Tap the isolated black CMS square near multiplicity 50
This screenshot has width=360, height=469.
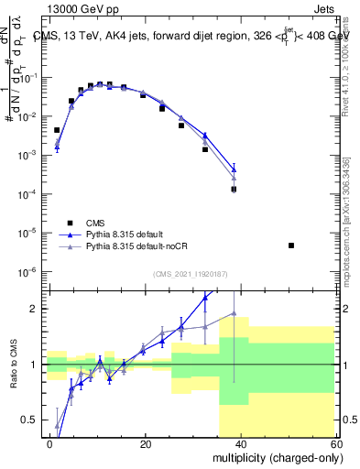click(x=290, y=245)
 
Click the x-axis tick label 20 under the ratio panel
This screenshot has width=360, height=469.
click(x=145, y=443)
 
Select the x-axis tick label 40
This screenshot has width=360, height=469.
click(x=240, y=443)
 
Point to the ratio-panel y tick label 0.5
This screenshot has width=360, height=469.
click(x=30, y=420)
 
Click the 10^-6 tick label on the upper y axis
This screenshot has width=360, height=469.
click(x=28, y=271)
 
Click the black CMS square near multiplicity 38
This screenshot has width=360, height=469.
click(x=234, y=190)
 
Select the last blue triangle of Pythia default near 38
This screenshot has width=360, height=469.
click(x=234, y=169)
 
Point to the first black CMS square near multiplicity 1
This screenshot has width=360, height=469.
click(x=57, y=130)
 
